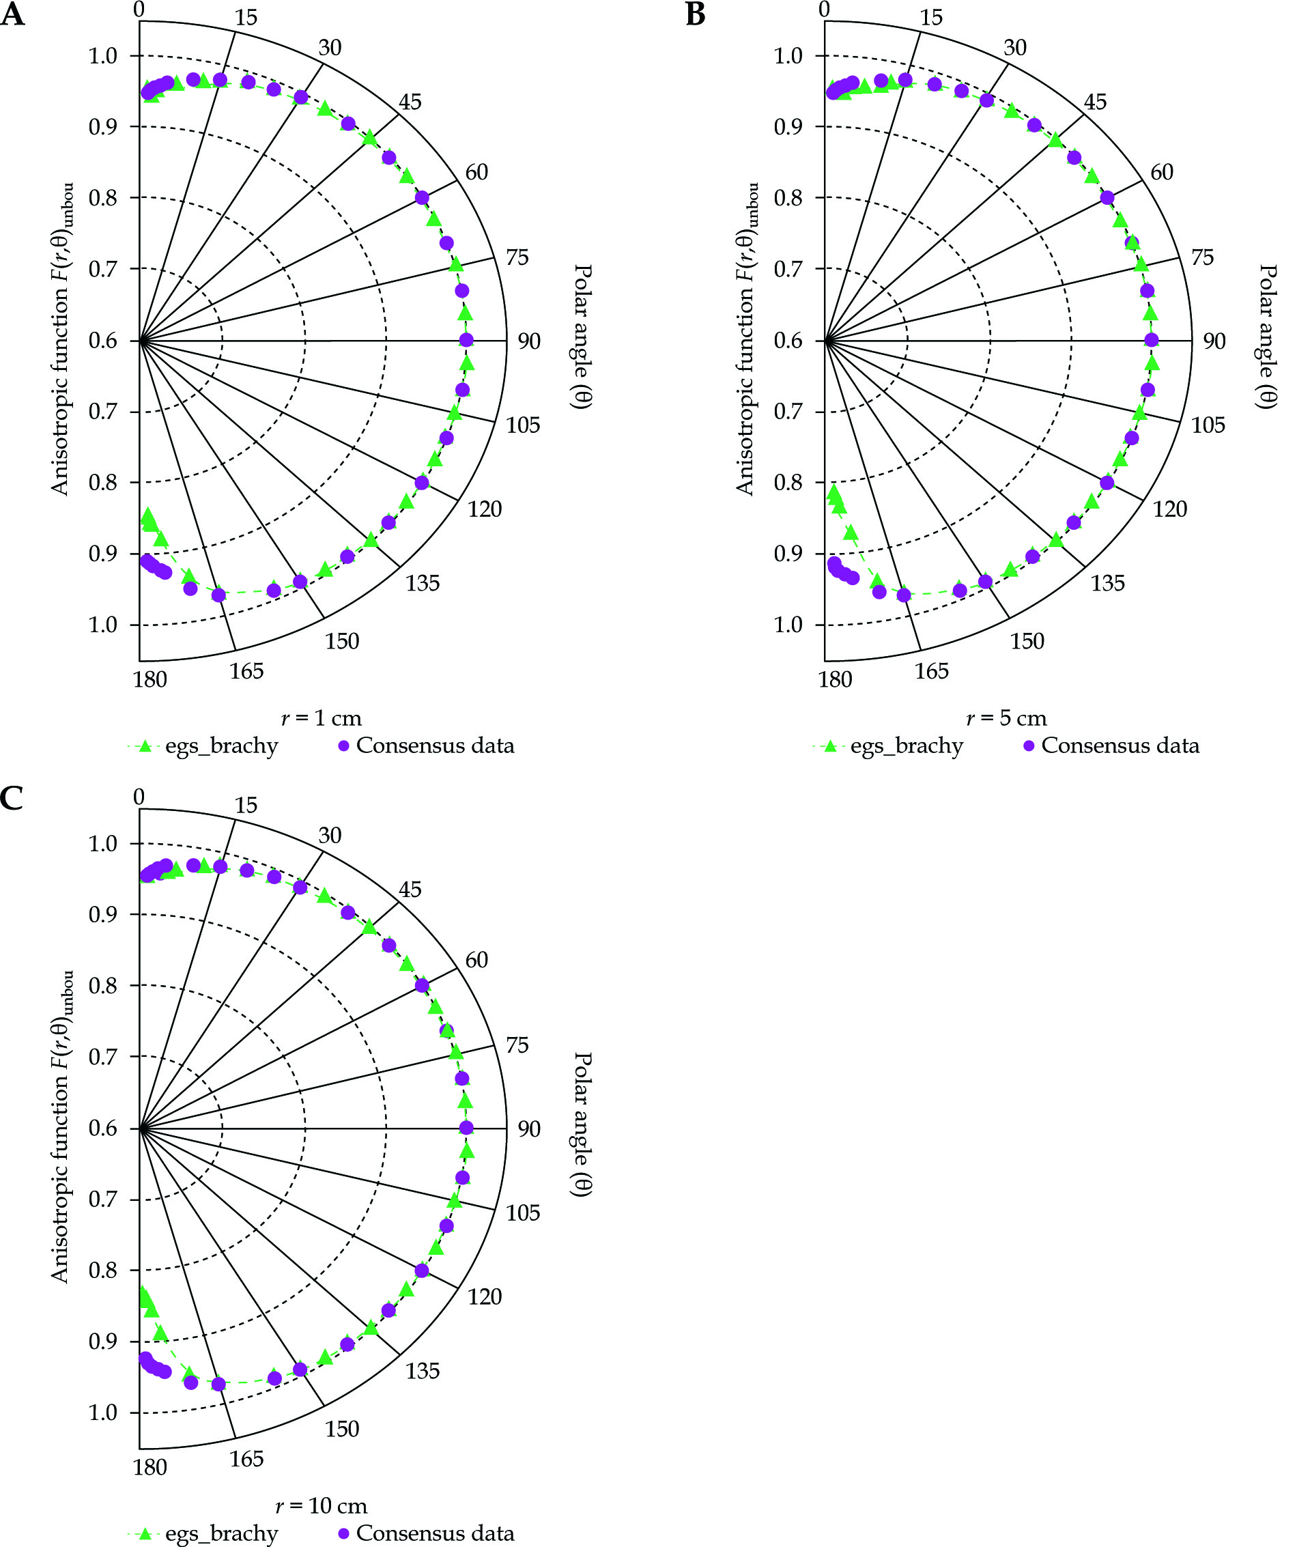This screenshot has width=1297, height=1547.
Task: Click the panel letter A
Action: pos(12,15)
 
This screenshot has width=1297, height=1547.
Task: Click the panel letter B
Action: pos(696,15)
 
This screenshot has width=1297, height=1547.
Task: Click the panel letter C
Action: pos(12,798)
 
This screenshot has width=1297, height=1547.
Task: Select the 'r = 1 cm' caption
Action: pos(321,718)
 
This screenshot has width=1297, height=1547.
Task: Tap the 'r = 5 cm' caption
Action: pos(1006,718)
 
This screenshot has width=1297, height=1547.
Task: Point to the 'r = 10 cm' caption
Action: pos(321,1506)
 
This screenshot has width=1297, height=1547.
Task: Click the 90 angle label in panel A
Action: pos(529,341)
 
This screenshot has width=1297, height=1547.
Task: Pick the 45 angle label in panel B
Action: pos(1095,102)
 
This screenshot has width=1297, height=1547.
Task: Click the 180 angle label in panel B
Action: pos(836,679)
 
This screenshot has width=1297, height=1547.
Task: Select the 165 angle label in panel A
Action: pos(246,671)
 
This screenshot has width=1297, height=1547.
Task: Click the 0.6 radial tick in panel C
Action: pos(102,1128)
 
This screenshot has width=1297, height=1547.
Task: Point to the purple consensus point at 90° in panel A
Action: pos(466,339)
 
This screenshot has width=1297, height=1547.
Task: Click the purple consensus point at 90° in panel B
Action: pos(1152,339)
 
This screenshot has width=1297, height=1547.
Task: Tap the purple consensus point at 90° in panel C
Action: pos(466,1127)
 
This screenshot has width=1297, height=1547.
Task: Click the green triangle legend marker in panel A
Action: pos(145,746)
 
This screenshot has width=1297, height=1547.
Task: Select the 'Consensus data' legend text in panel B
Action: pos(1120,746)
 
